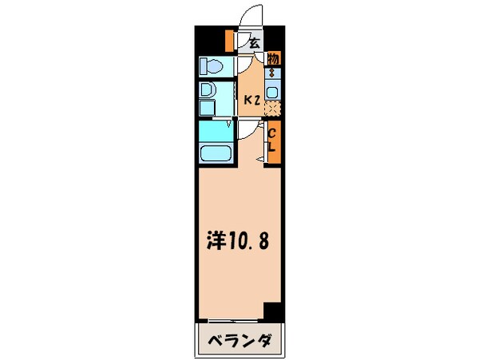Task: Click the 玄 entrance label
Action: pos(254,43)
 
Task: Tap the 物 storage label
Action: pos(273,59)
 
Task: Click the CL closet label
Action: pos(272,140)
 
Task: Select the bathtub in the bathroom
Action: pos(214,154)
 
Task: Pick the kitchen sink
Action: pos(273,91)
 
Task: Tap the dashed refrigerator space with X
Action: pos(273,109)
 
